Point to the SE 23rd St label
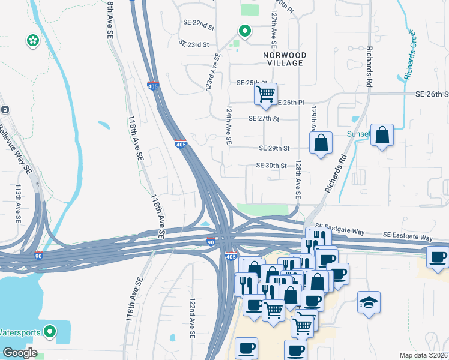194,43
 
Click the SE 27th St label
264,119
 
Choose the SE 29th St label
274,148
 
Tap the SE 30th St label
271,166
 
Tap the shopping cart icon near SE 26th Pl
265,94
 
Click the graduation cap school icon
368,301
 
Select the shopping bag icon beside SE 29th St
321,143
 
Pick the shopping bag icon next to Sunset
382,135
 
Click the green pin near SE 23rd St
244,31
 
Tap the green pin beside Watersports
51,331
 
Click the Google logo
20,353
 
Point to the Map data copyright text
424,355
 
